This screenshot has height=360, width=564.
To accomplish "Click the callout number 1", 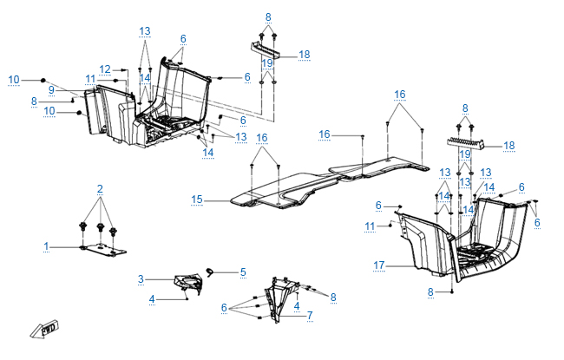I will click(47, 247).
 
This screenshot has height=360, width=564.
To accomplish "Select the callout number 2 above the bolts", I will click(100, 188).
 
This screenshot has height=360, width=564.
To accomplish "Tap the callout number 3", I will click(141, 278).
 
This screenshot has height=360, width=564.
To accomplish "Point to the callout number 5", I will click(243, 272).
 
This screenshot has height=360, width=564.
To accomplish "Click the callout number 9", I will click(51, 89).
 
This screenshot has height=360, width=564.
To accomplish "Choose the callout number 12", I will click(104, 69).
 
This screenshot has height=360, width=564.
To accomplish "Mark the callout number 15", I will click(198, 200).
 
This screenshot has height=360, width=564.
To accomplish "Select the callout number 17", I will click(378, 265).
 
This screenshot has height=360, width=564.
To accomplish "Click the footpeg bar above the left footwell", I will click(269, 50).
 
